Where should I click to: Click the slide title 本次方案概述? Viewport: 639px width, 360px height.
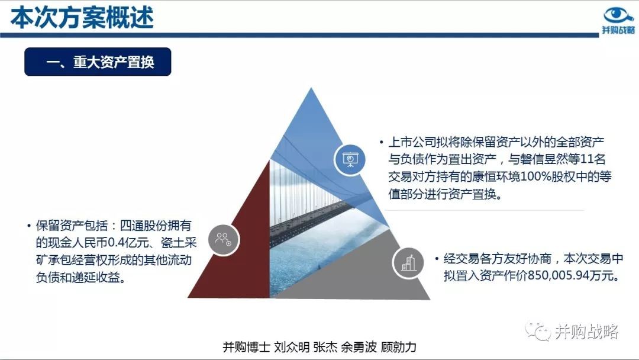pyautogui.click(x=82, y=18)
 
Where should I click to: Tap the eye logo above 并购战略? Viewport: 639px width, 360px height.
pyautogui.click(x=618, y=15)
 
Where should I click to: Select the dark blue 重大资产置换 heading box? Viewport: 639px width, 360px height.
pyautogui.click(x=98, y=62)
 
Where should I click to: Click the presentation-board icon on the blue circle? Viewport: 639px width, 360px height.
pyautogui.click(x=350, y=159)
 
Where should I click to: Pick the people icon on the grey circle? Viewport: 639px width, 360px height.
pyautogui.click(x=223, y=239)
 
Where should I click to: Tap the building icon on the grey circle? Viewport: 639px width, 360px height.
pyautogui.click(x=408, y=262)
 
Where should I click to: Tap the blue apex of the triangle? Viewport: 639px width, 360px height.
pyautogui.click(x=311, y=92)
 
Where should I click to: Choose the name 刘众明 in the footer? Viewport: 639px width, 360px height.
pyautogui.click(x=292, y=347)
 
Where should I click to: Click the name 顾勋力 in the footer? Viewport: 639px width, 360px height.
pyautogui.click(x=399, y=347)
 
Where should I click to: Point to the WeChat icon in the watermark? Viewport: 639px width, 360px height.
pyautogui.click(x=538, y=331)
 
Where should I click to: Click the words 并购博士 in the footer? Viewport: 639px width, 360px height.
pyautogui.click(x=247, y=347)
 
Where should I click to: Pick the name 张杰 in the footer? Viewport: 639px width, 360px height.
pyautogui.click(x=325, y=347)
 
